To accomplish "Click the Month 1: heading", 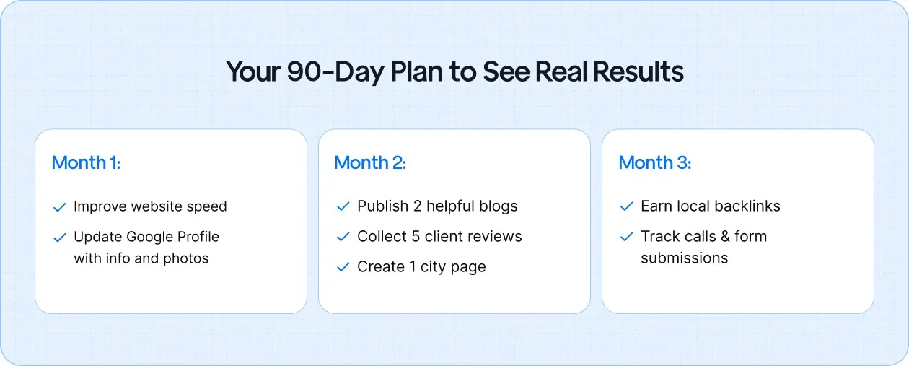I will [86, 163].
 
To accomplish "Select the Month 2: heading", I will [370, 163].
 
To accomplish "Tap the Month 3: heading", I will [654, 163].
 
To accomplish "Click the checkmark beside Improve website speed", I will [60, 208].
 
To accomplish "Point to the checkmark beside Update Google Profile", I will [60, 238].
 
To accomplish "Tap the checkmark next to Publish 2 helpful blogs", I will [343, 207].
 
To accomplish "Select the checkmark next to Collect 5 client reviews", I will [343, 238].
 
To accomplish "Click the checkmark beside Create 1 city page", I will [343, 268].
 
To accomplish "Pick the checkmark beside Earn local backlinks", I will [627, 207].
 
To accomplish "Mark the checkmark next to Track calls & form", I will [627, 238].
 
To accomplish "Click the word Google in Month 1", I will [151, 237].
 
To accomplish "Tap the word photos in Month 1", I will [185, 258].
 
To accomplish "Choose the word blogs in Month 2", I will [498, 206].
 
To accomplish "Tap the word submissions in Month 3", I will [684, 258].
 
